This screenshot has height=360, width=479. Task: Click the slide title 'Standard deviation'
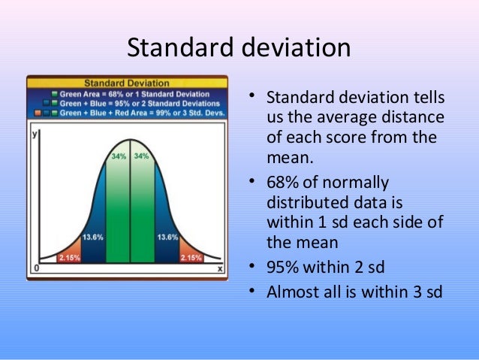(239, 47)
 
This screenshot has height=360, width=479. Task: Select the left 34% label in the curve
(119, 156)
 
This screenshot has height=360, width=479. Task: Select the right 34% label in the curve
(142, 156)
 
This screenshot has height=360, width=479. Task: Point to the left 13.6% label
(92, 237)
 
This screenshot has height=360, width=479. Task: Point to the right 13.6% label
(167, 237)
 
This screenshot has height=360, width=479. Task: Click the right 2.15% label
(191, 257)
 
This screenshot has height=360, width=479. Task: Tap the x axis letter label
(219, 268)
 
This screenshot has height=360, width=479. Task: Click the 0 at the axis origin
(35, 268)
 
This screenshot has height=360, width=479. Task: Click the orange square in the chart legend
(36, 112)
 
